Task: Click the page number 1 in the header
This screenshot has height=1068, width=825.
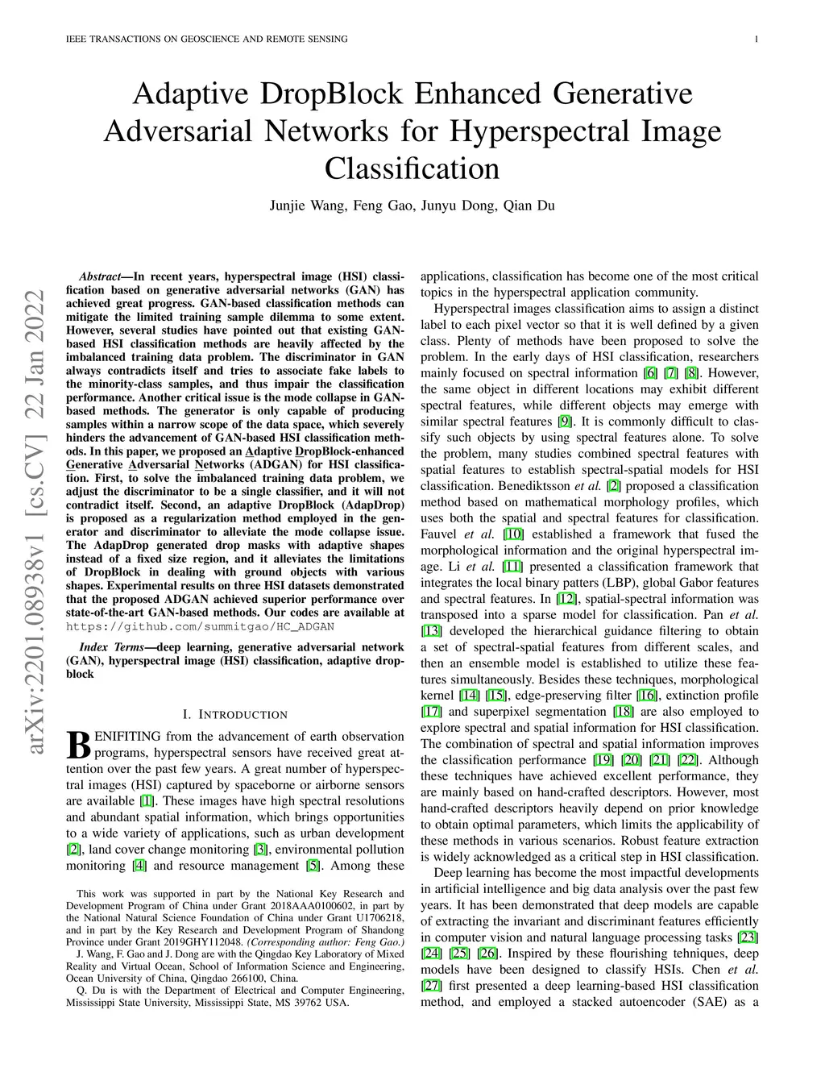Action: click(758, 39)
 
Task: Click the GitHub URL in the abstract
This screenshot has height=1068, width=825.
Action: click(200, 626)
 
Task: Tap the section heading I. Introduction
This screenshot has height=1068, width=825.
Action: click(235, 715)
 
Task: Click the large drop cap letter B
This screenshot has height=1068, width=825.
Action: click(78, 744)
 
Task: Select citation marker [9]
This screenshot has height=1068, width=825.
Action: click(565, 422)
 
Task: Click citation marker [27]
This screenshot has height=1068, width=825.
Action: click(431, 986)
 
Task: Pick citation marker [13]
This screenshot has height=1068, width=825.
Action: click(431, 631)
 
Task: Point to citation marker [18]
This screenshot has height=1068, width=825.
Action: click(623, 712)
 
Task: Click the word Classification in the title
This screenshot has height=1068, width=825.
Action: click(412, 169)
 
